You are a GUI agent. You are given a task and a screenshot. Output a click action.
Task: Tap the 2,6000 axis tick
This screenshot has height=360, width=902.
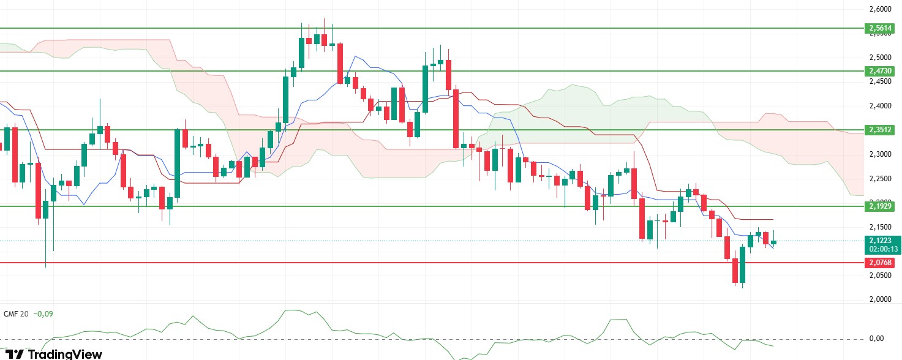(879, 10)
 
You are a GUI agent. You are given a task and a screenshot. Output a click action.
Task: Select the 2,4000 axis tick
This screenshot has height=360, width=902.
(879, 106)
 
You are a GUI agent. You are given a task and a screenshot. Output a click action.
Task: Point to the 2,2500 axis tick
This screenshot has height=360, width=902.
(879, 179)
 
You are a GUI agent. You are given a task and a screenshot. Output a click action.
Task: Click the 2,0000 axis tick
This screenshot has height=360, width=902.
(879, 299)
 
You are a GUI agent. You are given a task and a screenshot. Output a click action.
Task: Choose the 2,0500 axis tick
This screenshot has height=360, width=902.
(879, 276)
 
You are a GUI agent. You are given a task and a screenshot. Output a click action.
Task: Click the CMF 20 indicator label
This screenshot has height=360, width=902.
(15, 313)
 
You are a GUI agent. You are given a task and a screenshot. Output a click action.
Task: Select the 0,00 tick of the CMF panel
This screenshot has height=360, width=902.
(876, 339)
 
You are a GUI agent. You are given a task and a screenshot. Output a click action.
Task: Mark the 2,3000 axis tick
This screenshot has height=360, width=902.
(879, 154)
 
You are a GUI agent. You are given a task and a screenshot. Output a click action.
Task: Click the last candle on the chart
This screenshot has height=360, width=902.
(774, 242)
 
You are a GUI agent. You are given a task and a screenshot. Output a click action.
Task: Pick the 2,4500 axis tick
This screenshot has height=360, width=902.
(879, 81)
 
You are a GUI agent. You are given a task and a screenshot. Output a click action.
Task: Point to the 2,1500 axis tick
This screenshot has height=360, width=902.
(879, 227)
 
